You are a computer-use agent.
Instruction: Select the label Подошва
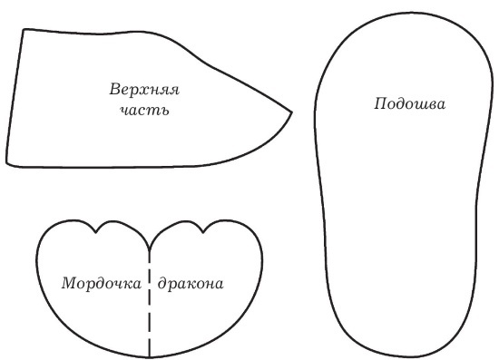click(x=409, y=103)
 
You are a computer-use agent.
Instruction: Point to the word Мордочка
click(x=102, y=284)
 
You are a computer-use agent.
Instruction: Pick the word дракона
click(x=191, y=284)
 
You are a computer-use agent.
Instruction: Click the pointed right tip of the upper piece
click(x=292, y=112)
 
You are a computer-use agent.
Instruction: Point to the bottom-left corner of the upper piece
click(x=7, y=163)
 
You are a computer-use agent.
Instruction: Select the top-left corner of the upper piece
click(x=23, y=30)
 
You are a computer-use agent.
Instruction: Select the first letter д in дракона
click(x=161, y=284)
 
